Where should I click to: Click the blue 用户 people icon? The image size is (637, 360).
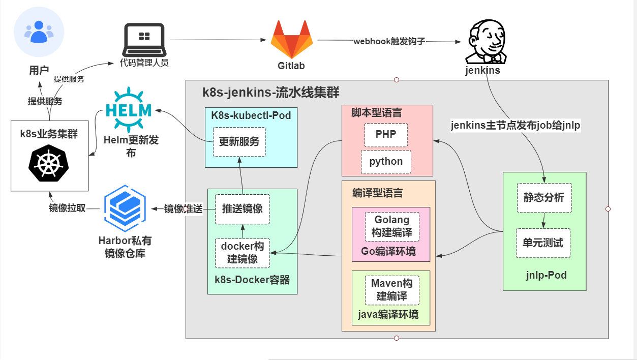[39, 32]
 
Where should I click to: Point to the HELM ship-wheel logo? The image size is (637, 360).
[129, 110]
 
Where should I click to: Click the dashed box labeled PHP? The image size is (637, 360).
[386, 135]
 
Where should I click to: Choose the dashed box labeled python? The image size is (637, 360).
[386, 162]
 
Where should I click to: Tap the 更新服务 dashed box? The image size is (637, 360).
[239, 142]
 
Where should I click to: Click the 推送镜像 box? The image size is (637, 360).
[242, 209]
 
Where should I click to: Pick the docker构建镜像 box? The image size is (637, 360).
[242, 253]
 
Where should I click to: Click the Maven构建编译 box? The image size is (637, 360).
[392, 290]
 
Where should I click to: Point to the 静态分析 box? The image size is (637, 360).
[544, 198]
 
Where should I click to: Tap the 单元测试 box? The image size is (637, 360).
[543, 243]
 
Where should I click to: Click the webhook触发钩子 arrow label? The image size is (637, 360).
[389, 41]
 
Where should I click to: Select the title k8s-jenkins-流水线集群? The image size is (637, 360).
[271, 93]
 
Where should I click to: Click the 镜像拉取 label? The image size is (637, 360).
[67, 208]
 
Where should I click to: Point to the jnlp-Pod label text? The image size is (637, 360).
[546, 276]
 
